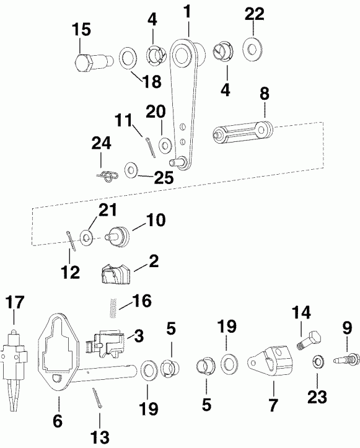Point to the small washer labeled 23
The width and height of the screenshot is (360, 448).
(317, 361)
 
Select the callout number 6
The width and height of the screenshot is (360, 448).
(58, 421)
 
